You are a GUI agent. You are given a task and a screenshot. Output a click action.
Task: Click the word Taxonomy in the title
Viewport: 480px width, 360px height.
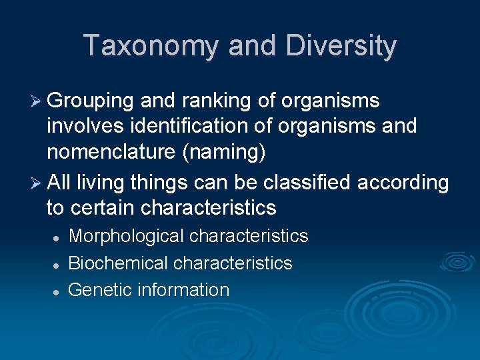(x=151, y=46)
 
